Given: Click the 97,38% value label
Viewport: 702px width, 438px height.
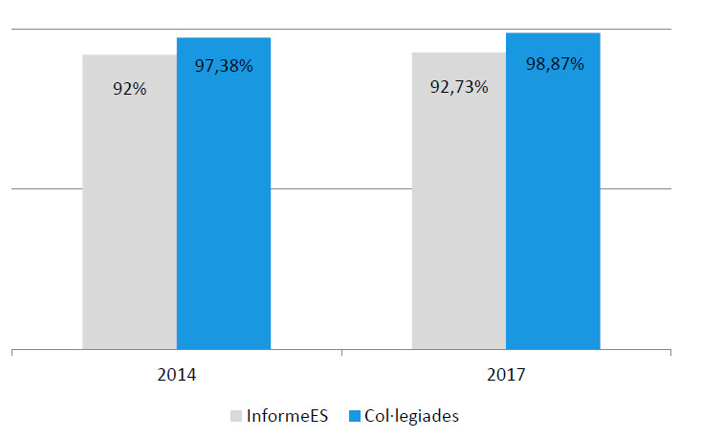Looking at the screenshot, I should pyautogui.click(x=224, y=67).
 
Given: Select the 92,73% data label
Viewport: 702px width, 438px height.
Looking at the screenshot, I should pyautogui.click(x=459, y=87).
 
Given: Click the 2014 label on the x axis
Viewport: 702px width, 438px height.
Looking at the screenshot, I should pyautogui.click(x=176, y=375).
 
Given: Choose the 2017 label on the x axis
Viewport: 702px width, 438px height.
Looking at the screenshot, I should pyautogui.click(x=506, y=375).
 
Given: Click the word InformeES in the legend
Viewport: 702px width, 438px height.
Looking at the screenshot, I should pyautogui.click(x=287, y=416).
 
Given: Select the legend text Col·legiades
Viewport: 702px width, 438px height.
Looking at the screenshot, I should pyautogui.click(x=412, y=416).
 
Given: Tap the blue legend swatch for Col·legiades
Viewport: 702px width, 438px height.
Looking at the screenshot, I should pyautogui.click(x=355, y=416).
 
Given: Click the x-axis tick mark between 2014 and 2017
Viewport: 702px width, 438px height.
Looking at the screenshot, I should pyautogui.click(x=341, y=354).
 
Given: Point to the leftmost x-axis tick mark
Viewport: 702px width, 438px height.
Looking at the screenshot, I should pyautogui.click(x=11, y=354).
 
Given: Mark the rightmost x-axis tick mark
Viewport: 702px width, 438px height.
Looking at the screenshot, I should pyautogui.click(x=671, y=354).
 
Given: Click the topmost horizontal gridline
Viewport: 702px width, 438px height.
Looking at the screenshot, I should pyautogui.click(x=48, y=31).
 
